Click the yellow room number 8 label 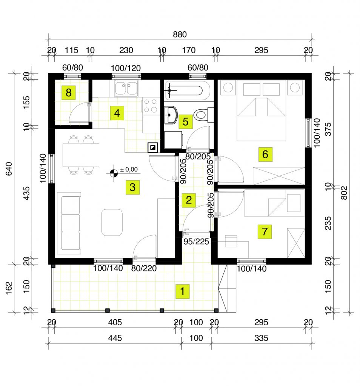coord(69,93)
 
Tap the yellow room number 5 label coord(186,122)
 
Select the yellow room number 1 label coord(182,291)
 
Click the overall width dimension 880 coord(180,34)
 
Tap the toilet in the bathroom coord(203,115)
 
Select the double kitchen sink coord(126,89)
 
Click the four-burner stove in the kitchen coord(151,106)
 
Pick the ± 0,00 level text coord(129,169)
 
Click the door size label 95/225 coord(196,242)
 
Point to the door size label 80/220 coord(144,268)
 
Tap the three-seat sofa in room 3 coord(69,223)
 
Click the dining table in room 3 coord(81,155)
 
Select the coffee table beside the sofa coord(112,222)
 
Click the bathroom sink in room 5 coord(170,115)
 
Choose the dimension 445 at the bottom coord(115,338)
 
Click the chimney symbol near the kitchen coord(153,147)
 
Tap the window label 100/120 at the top coord(126,68)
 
